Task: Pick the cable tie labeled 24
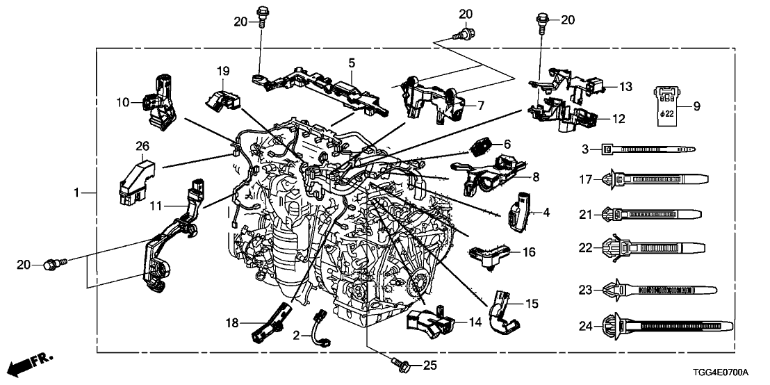tap(667, 325)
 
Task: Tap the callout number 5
tap(352, 63)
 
